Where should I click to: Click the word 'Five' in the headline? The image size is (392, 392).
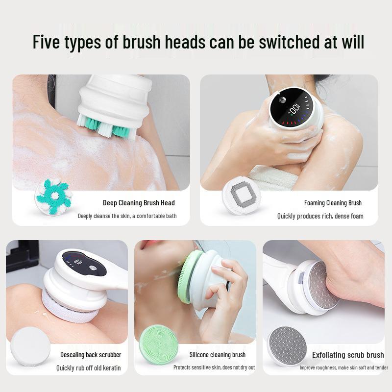coord(47,42)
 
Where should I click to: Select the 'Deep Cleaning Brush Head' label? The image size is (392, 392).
coord(139,203)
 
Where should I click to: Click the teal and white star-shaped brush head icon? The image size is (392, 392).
coord(53,197)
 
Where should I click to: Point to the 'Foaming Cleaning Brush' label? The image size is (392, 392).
coord(333,203)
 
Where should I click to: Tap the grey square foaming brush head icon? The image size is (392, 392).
coord(242,197)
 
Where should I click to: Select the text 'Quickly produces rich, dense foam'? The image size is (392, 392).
coord(320,216)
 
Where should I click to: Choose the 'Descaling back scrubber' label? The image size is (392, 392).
coord(91,354)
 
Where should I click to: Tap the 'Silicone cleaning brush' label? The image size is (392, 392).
coord(218,354)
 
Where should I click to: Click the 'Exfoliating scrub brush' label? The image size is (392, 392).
coord(348,355)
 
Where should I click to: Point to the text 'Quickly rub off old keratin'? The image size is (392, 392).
coord(89,368)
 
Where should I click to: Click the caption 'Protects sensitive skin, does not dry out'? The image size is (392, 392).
coord(214,367)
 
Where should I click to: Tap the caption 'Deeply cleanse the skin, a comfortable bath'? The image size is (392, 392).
coord(127,216)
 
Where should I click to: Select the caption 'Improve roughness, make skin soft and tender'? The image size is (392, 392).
coord(344,367)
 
